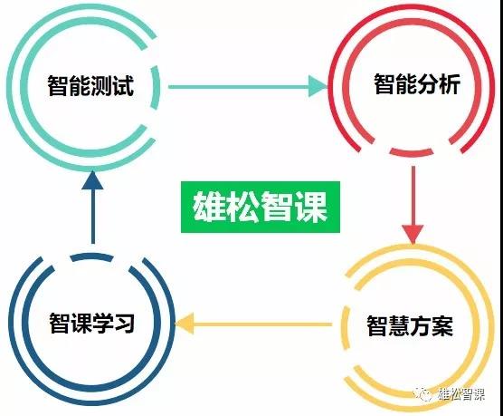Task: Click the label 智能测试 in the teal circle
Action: click(90, 85)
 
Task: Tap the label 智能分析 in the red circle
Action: click(417, 84)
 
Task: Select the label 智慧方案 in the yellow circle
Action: click(410, 325)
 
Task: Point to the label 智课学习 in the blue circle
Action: click(91, 323)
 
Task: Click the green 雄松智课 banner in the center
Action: click(261, 207)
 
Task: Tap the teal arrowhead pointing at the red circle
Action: click(318, 86)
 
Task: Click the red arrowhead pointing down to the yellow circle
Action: click(413, 234)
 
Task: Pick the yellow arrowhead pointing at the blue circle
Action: click(185, 324)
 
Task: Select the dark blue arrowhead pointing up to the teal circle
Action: click(92, 180)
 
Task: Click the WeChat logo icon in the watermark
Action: click(422, 393)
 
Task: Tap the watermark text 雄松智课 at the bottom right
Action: click(461, 394)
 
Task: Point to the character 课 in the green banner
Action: click(311, 207)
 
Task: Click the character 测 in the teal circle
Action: click(101, 85)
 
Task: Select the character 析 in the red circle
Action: click(450, 84)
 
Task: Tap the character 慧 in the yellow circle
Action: click(399, 325)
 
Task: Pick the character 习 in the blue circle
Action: click(125, 323)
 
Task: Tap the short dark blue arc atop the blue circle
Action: click(91, 257)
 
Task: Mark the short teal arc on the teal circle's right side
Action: click(156, 87)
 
